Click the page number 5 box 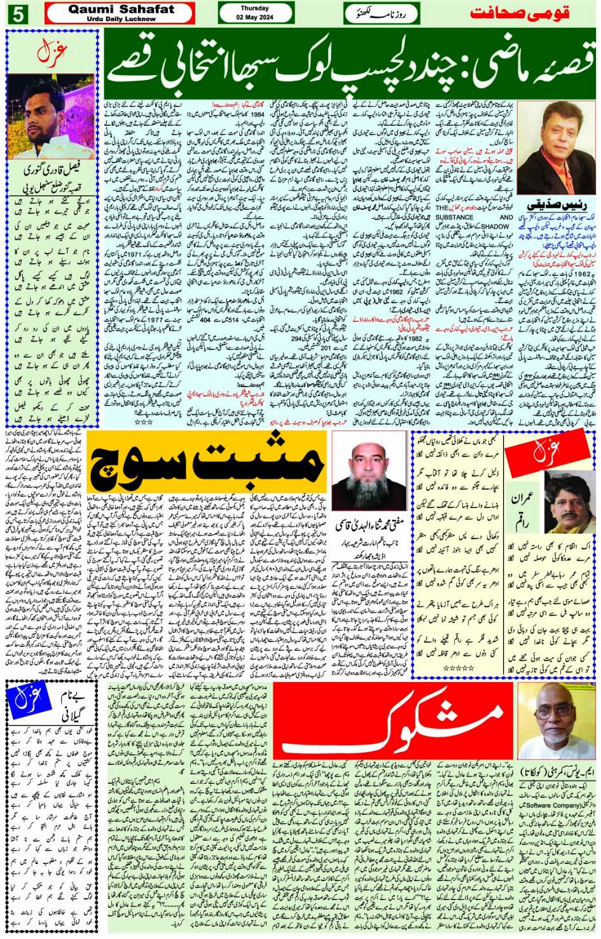coord(17,13)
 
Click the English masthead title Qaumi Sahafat coord(120,10)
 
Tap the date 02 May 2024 coord(254,17)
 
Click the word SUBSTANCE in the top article coord(455,217)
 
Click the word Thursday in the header coord(254,8)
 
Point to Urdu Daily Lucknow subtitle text coord(120,19)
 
